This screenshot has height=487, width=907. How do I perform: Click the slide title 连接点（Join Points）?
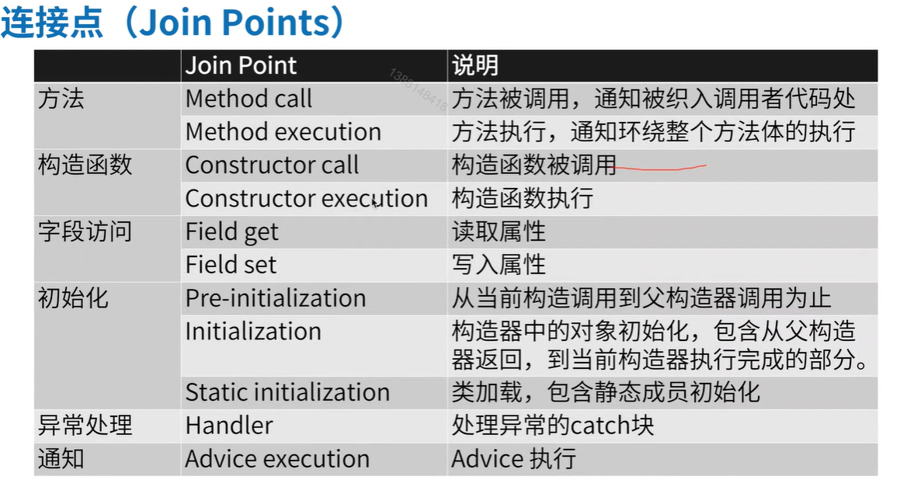(x=172, y=23)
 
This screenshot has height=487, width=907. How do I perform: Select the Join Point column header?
(x=241, y=65)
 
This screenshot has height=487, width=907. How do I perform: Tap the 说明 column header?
(x=475, y=65)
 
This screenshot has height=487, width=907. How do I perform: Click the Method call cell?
(x=248, y=99)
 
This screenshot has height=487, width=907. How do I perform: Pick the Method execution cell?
(x=283, y=132)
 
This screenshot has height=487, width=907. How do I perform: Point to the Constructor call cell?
(x=272, y=165)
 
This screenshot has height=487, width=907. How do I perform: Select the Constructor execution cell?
(x=307, y=198)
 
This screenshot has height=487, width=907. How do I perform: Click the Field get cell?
(x=232, y=232)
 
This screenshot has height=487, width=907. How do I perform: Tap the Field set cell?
(x=231, y=265)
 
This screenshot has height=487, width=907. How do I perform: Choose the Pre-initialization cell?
(x=276, y=298)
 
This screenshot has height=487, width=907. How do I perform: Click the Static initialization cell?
(x=287, y=393)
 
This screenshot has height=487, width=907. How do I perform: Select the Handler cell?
(x=229, y=426)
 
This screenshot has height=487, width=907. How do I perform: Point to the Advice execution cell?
(x=277, y=459)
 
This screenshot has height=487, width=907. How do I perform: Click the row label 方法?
(x=61, y=99)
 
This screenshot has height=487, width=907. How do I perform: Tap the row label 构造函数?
(x=85, y=165)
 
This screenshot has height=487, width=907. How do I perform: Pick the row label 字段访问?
(x=85, y=232)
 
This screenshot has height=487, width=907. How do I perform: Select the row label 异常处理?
(x=85, y=426)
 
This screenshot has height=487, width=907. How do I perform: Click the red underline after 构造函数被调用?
(x=659, y=169)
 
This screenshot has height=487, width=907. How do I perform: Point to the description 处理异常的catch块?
(x=552, y=426)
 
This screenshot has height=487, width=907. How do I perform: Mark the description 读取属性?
(x=499, y=232)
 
